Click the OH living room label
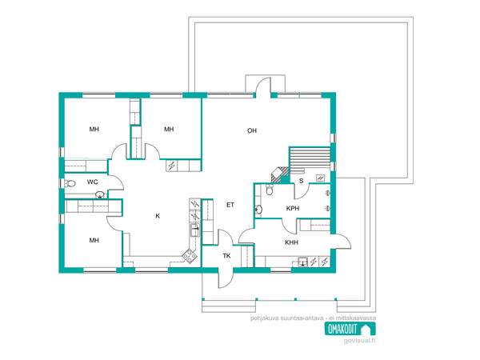(x=252, y=130)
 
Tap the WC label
(x=93, y=182)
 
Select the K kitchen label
(x=158, y=216)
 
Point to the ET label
(x=230, y=205)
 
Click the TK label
(x=226, y=256)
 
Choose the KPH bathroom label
(x=293, y=209)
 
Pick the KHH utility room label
(x=291, y=242)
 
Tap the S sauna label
(x=302, y=181)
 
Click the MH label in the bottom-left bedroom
(x=94, y=240)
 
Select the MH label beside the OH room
(x=169, y=129)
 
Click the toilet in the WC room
(x=70, y=184)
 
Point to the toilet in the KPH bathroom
(x=270, y=190)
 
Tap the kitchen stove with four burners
(x=190, y=257)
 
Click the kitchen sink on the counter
(x=194, y=230)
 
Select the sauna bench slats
(x=310, y=158)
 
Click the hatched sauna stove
(x=279, y=175)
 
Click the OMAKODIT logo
(x=350, y=329)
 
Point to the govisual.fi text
(x=359, y=341)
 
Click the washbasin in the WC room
(x=100, y=194)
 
